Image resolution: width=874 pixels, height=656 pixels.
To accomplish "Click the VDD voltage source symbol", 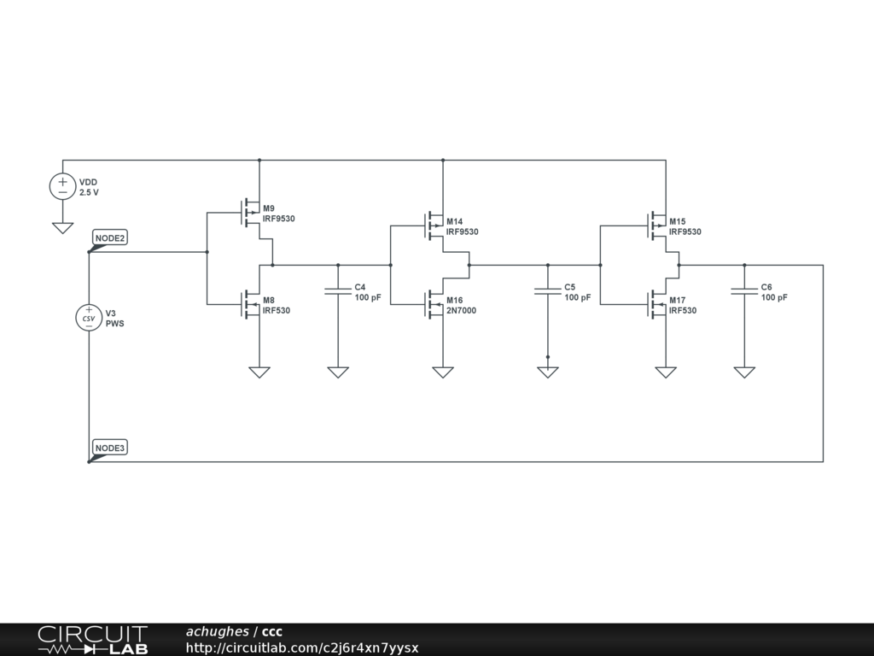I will [62, 187].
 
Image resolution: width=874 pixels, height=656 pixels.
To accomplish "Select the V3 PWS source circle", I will [89, 318].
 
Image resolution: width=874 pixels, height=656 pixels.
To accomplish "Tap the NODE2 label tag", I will [110, 238].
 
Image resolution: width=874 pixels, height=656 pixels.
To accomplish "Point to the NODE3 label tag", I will [110, 448].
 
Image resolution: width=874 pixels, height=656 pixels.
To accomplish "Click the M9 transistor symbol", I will [251, 213].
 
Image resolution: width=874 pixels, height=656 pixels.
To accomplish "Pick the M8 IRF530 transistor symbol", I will [251, 304].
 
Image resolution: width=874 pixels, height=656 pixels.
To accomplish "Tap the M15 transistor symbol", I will [658, 225].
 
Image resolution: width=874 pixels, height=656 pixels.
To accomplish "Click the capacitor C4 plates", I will [338, 292].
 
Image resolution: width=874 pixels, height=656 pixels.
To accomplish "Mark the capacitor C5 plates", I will [548, 292].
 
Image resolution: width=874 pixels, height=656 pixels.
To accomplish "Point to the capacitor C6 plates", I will [744, 292].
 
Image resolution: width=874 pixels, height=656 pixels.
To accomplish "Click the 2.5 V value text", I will [89, 193].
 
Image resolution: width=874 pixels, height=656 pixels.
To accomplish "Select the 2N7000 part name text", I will [461, 311].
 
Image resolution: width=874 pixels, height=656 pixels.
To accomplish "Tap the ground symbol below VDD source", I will [62, 228].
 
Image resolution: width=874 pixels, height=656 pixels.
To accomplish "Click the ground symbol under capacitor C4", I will [338, 372].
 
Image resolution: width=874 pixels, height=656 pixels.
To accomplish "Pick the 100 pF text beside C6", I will [774, 298].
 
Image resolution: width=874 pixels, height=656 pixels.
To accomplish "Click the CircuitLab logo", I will [92, 640].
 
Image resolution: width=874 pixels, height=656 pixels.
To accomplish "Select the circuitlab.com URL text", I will [301, 648].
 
